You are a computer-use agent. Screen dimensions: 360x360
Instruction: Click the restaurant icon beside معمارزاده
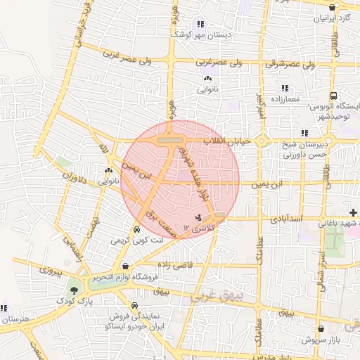(285, 89)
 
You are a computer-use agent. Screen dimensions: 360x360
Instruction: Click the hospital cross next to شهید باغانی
(353, 212)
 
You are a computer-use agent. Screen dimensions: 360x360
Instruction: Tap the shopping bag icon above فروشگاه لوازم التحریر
(125, 266)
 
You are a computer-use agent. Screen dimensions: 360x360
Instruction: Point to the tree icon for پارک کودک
(73, 290)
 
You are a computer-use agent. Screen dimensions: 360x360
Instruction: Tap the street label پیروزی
(50, 269)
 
